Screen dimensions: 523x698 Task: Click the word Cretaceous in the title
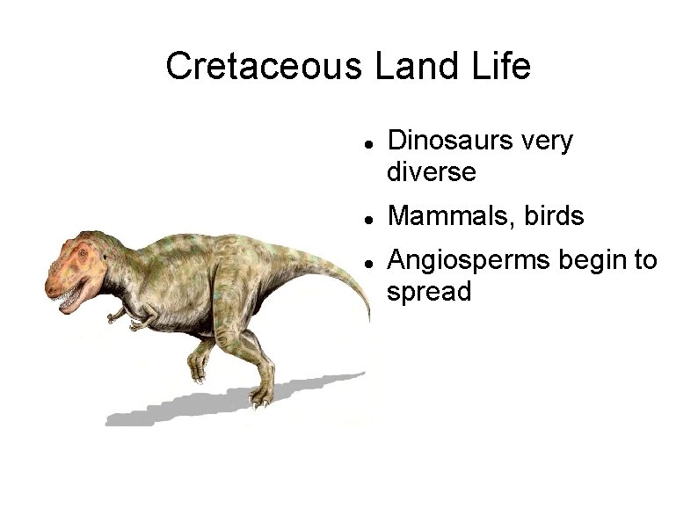(x=265, y=66)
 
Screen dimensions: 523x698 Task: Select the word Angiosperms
(x=466, y=261)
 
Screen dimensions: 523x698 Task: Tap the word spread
(x=429, y=291)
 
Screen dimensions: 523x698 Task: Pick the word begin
(x=591, y=261)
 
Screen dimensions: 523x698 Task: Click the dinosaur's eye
(x=83, y=253)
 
